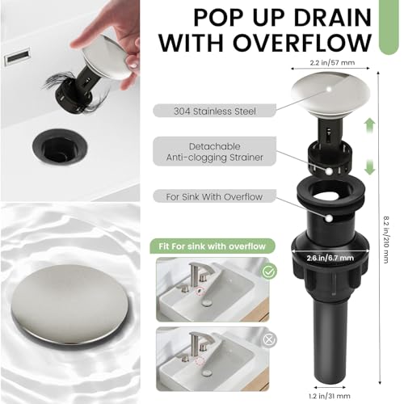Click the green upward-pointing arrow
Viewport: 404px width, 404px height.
coord(370,124)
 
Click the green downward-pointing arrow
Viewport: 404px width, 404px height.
coord(370,168)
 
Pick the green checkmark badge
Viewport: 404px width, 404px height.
coord(268,272)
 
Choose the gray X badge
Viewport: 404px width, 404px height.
coord(268,340)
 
